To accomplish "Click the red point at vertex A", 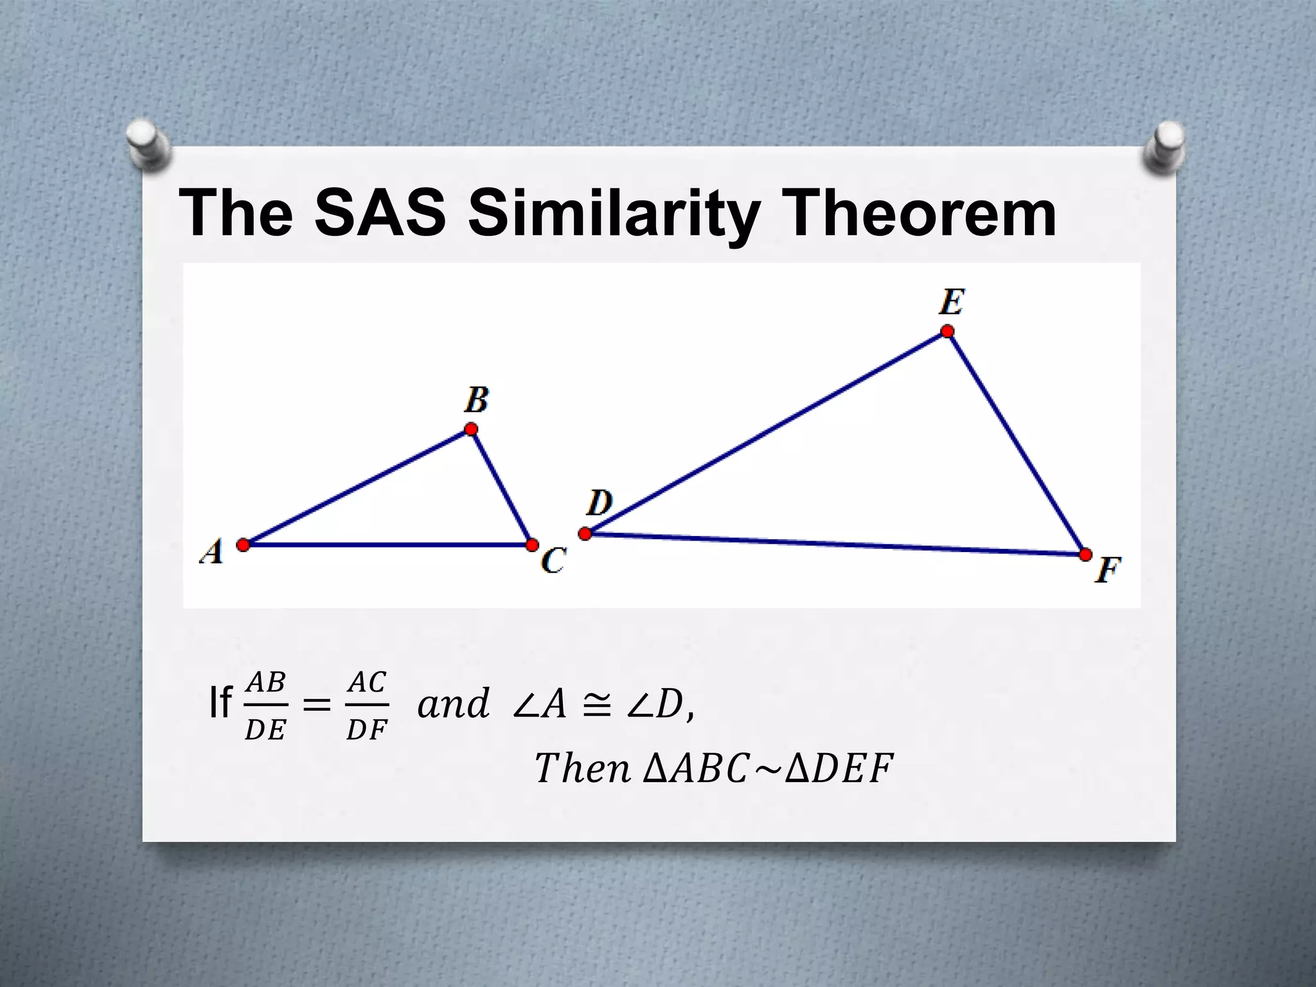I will [x=243, y=545].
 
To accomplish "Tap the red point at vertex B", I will [x=471, y=429].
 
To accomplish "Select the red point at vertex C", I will [x=532, y=545].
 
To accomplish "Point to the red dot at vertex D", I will [x=585, y=533].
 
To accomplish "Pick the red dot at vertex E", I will [x=947, y=332].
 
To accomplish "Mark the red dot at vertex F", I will [x=1085, y=555].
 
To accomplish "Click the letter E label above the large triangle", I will [x=951, y=302].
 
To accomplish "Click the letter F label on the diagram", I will [x=1108, y=570].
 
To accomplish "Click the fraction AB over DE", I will [x=265, y=706].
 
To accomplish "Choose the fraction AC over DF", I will [x=367, y=706].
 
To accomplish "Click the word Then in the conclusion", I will [x=582, y=769].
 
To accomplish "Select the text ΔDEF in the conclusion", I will [x=839, y=769].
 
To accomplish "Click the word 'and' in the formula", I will [x=453, y=704].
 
